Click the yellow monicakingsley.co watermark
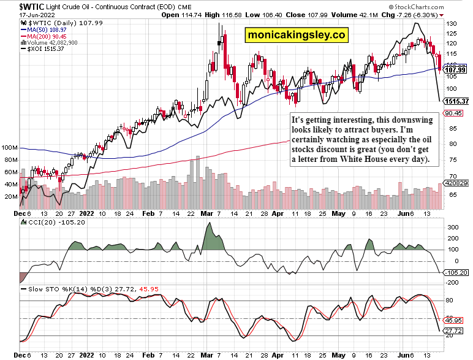(x=296, y=36)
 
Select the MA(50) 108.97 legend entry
(x=47, y=29)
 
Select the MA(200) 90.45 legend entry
(x=47, y=36)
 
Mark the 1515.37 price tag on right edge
(x=456, y=101)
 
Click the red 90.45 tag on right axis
(x=453, y=113)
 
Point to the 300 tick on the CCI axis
(x=452, y=228)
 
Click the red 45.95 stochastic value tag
(x=453, y=320)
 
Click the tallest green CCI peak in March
(x=209, y=224)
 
